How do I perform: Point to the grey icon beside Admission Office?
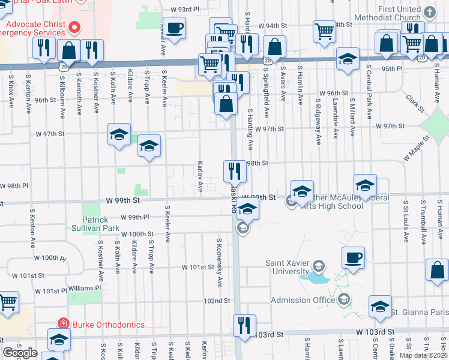click(344, 299)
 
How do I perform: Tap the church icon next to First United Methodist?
click(429, 12)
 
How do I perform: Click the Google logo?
click(20, 353)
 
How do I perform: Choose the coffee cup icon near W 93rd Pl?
click(175, 28)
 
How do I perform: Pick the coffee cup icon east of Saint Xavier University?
click(353, 259)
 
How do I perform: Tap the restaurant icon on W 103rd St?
click(244, 326)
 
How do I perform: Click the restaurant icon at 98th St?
click(235, 172)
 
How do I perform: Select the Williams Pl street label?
click(85, 288)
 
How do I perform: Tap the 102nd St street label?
click(217, 301)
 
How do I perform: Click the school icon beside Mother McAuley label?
click(303, 192)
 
